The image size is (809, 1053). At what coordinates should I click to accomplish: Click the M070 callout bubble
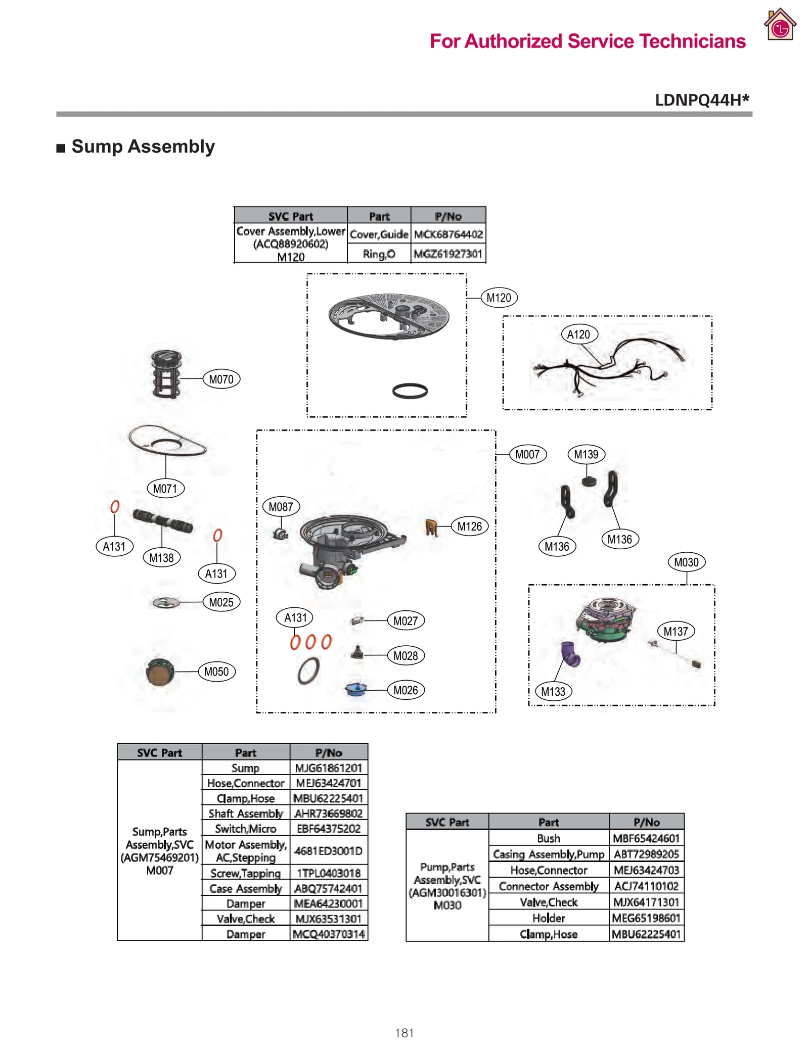coord(221,379)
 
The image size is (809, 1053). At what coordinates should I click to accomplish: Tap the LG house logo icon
coord(780,25)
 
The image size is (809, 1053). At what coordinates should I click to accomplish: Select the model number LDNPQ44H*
coord(701,100)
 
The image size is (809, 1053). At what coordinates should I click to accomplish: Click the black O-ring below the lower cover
coord(410,391)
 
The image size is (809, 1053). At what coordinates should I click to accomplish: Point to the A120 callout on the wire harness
coord(578,334)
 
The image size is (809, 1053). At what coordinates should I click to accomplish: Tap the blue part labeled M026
coord(355,689)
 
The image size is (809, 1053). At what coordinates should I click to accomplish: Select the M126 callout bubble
coord(469,526)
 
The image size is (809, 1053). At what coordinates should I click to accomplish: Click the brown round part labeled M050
coord(160,672)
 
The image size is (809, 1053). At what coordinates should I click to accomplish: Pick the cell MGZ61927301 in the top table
coord(448,254)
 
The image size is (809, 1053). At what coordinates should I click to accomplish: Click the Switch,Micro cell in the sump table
coord(246,829)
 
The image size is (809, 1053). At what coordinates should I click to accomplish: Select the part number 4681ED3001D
coord(329,851)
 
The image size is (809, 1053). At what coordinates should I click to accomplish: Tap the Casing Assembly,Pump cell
coord(549,854)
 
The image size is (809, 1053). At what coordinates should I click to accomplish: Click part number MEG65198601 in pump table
coord(646,918)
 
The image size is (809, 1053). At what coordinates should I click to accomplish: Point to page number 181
coord(404,1033)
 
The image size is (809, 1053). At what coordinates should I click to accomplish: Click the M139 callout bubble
coord(586,454)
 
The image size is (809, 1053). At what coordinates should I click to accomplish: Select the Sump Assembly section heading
coord(143,147)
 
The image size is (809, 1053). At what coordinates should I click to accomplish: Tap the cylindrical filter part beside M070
coord(166,374)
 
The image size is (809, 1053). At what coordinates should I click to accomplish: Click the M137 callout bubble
coord(676,631)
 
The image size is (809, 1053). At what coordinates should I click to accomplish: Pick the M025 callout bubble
coord(221,602)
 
